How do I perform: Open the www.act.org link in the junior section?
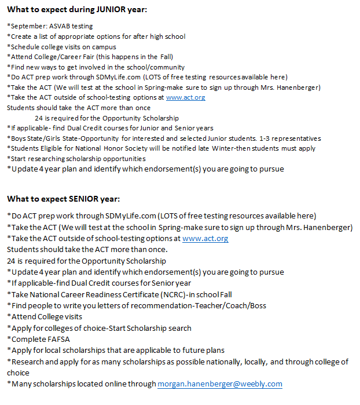tap(185, 97)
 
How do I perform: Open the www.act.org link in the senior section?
tap(205, 238)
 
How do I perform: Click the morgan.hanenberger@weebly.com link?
tap(219, 384)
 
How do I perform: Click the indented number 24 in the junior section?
tap(39, 118)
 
